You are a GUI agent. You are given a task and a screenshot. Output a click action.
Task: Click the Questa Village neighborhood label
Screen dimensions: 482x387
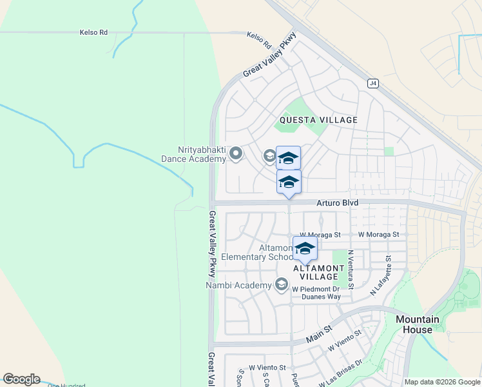click(318, 120)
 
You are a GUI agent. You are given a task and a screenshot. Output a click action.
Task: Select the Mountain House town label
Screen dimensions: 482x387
click(418, 324)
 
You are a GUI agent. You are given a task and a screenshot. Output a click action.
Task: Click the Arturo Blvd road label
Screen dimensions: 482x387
click(337, 203)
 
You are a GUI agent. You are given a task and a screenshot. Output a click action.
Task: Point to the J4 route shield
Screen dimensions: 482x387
click(372, 83)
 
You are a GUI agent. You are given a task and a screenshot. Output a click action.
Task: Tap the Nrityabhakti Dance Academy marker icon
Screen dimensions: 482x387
click(236, 154)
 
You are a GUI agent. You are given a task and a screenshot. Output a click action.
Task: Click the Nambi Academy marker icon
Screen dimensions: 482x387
click(281, 284)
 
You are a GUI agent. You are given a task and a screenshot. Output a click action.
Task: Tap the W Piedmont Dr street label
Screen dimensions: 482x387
click(316, 288)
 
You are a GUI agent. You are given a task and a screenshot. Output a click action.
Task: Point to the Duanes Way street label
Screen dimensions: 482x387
click(320, 297)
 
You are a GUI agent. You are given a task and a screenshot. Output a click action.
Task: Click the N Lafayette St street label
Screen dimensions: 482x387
click(381, 275)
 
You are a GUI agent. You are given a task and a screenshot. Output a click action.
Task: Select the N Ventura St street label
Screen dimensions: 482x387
click(351, 270)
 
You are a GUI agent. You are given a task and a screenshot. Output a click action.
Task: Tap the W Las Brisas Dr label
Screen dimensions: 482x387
click(345, 372)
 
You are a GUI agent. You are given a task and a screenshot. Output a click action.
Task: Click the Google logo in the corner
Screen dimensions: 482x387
click(21, 379)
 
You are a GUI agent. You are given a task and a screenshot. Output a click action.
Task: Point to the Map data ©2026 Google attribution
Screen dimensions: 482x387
click(442, 382)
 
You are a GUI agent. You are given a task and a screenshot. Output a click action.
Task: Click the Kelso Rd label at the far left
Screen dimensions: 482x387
click(93, 32)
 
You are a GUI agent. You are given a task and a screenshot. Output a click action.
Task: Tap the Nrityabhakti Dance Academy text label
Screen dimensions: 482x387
click(193, 154)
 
